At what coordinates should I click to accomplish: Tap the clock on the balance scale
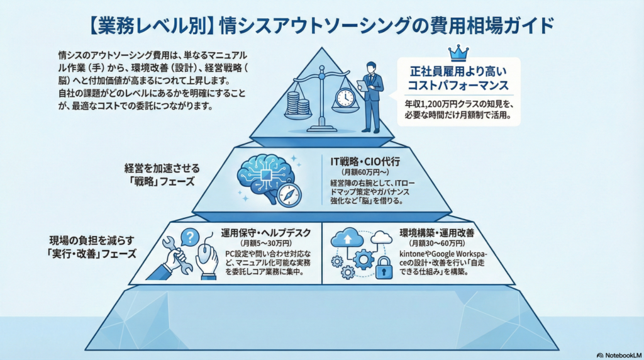[x=345, y=98]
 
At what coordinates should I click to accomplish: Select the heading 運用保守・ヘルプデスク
[x=266, y=232]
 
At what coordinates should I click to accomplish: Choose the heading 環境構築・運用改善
[x=436, y=232]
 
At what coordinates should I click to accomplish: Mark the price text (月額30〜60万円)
[x=436, y=243]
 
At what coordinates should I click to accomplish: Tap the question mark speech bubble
[x=190, y=237]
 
